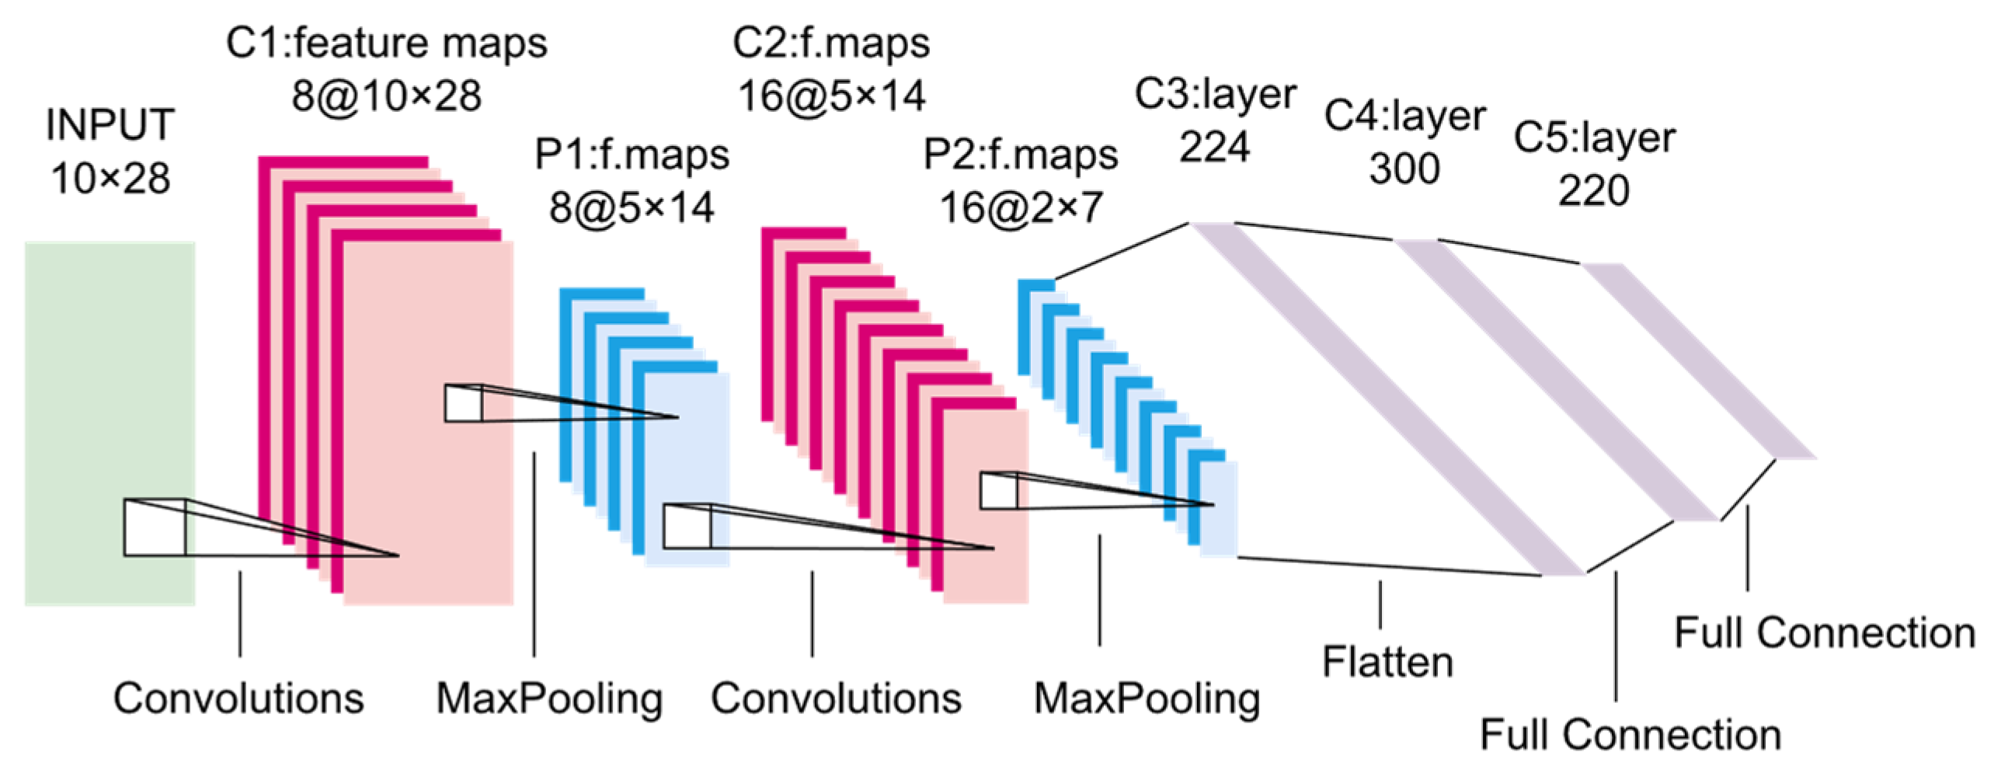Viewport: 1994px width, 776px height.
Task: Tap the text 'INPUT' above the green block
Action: point(110,125)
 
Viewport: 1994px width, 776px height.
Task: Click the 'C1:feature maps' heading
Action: point(386,43)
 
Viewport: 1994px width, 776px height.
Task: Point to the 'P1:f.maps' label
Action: point(632,155)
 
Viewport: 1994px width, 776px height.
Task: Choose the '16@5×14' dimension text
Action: point(831,96)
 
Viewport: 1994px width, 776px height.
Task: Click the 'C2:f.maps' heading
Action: point(831,43)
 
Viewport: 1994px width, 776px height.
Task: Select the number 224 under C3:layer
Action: point(1214,147)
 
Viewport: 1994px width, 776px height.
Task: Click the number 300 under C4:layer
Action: point(1404,169)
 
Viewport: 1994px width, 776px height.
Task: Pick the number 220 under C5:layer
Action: point(1593,190)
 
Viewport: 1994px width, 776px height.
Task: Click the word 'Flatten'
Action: point(1387,663)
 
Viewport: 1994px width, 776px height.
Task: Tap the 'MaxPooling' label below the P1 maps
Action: point(549,698)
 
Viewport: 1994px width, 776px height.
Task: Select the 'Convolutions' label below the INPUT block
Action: point(238,698)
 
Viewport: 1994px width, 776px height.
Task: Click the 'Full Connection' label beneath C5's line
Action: point(1824,633)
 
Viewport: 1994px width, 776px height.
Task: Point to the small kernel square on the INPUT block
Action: point(155,527)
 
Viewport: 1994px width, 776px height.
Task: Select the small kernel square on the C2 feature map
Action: point(998,491)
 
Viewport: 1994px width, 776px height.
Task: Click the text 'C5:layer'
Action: point(1593,137)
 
